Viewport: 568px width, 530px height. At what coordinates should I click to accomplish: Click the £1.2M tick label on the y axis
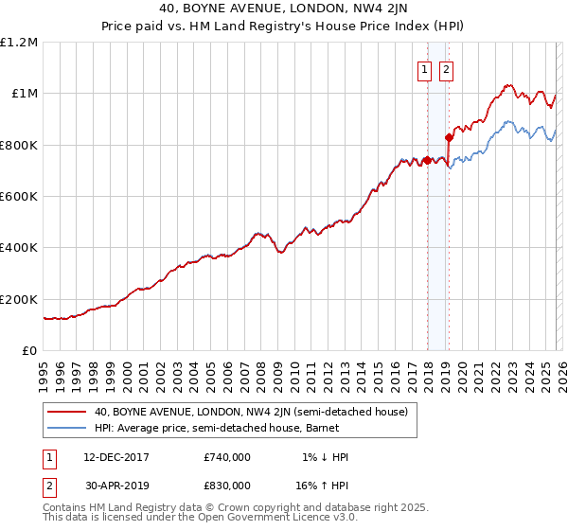coord(19,43)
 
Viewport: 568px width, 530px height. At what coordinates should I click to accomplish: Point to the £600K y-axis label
coord(19,197)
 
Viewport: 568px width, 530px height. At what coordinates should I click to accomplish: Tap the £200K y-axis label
coord(19,299)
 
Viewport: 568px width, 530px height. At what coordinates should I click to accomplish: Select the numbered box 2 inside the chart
coord(445,68)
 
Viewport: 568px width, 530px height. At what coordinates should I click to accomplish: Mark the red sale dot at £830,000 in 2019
coord(449,137)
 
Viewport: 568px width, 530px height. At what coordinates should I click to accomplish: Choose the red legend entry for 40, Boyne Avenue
coord(251,412)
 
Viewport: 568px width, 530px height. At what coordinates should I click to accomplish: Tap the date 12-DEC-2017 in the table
coord(116,457)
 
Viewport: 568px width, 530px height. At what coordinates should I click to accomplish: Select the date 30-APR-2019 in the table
coord(116,485)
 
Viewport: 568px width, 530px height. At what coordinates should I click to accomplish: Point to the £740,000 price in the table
coord(227,457)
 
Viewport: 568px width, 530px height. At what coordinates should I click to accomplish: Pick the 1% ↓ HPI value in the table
coord(326,457)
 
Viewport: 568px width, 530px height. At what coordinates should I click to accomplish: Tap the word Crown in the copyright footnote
coord(231,507)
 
